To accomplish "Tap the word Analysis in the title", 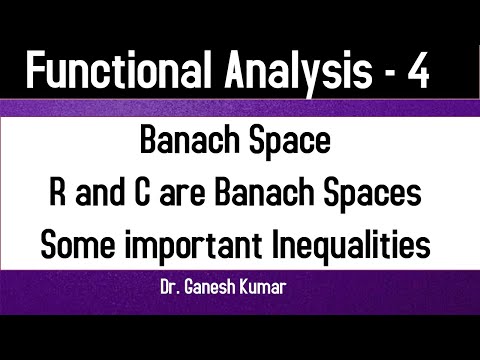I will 290,73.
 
